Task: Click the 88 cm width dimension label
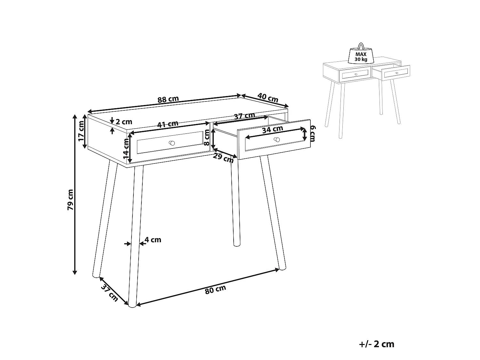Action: point(168,99)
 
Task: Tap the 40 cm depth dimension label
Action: point(268,98)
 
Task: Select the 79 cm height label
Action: point(71,200)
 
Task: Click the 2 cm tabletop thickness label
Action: point(124,122)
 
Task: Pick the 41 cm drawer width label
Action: point(168,124)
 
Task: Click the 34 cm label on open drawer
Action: point(272,130)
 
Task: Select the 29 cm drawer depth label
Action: point(223,158)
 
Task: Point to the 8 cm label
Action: point(207,139)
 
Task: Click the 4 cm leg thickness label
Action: point(153,240)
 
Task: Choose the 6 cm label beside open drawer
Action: point(313,133)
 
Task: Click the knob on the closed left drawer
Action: point(172,143)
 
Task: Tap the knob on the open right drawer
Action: point(277,140)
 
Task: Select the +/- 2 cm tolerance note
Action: point(377,344)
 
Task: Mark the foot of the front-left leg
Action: point(132,306)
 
